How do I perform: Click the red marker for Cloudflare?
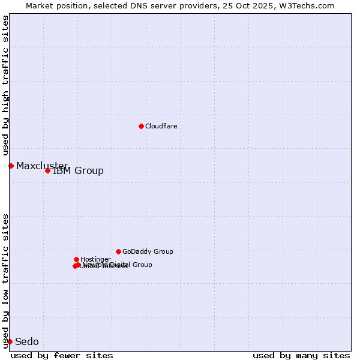point(141,126)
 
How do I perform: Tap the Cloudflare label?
point(161,126)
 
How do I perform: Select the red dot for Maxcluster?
point(11,166)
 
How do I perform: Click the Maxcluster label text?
point(42,166)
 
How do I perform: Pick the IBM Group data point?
point(47,170)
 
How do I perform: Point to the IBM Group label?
point(78,171)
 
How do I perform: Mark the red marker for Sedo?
point(10,341)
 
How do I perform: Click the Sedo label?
point(26,342)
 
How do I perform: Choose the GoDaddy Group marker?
point(118,251)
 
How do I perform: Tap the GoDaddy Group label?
point(148,252)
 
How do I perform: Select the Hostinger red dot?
point(76,259)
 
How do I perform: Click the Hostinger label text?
point(95,260)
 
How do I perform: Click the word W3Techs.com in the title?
point(313,6)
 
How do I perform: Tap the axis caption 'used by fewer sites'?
point(62,355)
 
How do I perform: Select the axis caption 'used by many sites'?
point(301,355)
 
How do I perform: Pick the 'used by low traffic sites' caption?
point(6,281)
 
